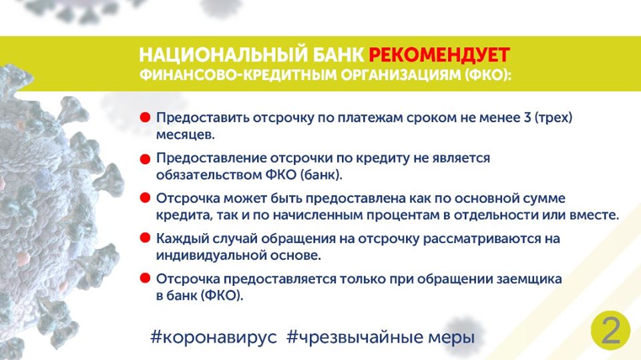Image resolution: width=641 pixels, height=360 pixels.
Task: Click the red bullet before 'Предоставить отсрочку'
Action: click(145, 118)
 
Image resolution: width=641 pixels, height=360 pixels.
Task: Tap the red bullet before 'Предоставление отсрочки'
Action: click(145, 159)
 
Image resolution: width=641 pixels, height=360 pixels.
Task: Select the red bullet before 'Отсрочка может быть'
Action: click(145, 198)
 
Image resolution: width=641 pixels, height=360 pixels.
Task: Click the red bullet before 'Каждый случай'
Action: click(145, 238)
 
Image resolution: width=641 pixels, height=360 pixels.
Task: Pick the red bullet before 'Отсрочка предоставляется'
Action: click(145, 278)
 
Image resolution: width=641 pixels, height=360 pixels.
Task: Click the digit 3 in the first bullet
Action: click(527, 118)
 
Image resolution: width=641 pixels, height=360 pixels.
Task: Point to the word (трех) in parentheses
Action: click(554, 118)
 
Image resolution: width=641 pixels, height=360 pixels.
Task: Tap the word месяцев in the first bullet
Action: click(185, 135)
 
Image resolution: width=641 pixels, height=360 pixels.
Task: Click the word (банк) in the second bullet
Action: click(321, 175)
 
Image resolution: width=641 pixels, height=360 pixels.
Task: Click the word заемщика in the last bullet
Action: click(529, 279)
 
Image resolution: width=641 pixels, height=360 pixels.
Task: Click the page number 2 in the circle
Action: click(611, 330)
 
